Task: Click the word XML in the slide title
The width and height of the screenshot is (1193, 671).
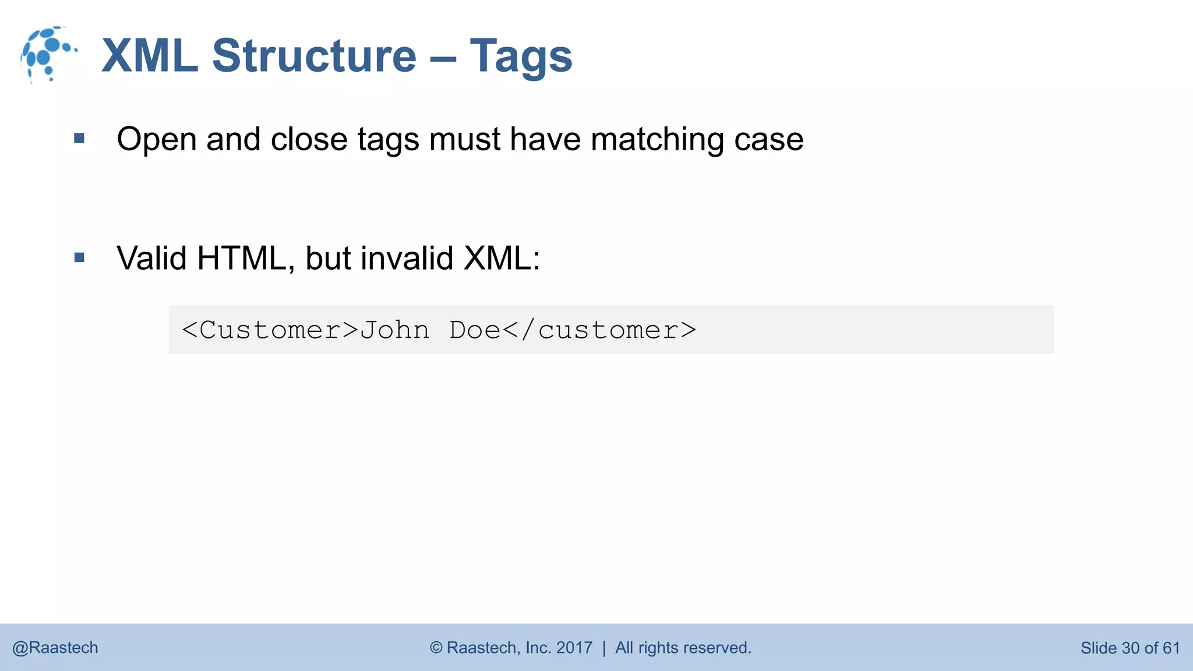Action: click(150, 56)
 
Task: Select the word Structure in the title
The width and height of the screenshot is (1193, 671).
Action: click(314, 56)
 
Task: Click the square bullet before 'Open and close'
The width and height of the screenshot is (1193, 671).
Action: click(80, 139)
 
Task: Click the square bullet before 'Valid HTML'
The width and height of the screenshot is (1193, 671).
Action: click(80, 257)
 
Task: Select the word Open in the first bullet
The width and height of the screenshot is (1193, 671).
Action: click(156, 140)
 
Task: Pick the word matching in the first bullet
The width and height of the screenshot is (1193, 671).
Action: click(657, 140)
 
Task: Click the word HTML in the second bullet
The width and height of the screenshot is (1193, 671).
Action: click(241, 258)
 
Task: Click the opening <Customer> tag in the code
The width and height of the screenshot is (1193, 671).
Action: click(270, 330)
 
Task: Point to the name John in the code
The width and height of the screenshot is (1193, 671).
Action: click(394, 330)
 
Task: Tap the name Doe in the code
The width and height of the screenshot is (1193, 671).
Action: click(475, 330)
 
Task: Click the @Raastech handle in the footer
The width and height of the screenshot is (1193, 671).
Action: click(55, 648)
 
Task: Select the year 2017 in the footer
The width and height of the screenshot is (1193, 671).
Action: click(574, 648)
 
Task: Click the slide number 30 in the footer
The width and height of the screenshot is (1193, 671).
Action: click(1130, 648)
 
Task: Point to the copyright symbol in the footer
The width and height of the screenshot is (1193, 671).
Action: click(436, 648)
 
